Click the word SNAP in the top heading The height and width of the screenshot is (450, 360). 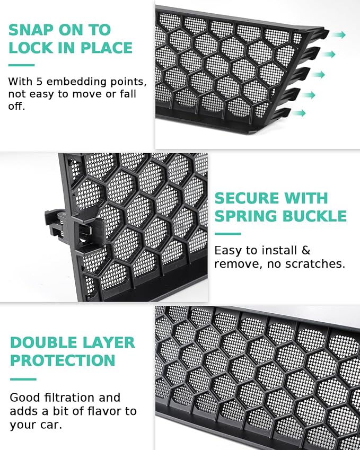(31, 30)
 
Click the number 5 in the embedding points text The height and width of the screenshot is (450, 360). (39, 82)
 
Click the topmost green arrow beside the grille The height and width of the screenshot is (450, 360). (338, 35)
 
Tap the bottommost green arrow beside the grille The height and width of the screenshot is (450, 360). (298, 113)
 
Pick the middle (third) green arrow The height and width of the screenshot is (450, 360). (318, 75)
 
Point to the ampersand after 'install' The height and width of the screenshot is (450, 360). (306, 251)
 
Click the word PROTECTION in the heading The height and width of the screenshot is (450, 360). (63, 360)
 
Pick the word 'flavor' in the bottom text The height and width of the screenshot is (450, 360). (104, 411)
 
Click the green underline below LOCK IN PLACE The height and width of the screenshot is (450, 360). (22, 65)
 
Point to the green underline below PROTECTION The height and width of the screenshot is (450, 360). (23, 380)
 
